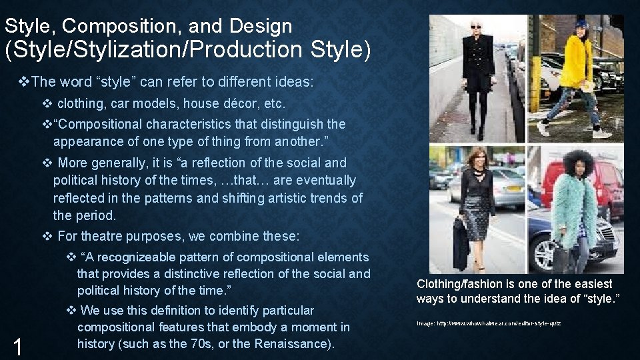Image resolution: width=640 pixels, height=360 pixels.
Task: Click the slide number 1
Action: (19, 346)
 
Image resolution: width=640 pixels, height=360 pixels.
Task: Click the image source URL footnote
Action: (489, 323)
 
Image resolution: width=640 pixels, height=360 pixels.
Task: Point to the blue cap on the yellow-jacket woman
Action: (581, 24)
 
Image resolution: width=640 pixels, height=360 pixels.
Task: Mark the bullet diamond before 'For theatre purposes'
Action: (47, 236)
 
